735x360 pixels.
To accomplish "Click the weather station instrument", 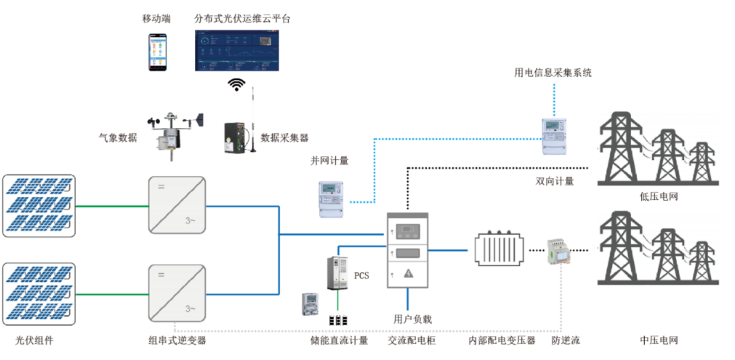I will coord(173,132).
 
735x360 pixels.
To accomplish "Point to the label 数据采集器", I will coord(284,136).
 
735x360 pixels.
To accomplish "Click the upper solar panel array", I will coord(39,206).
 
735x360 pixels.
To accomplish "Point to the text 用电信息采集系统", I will coord(553,73).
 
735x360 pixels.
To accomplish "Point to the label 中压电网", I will coord(659,340).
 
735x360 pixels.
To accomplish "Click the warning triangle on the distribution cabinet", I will coord(408,273).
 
